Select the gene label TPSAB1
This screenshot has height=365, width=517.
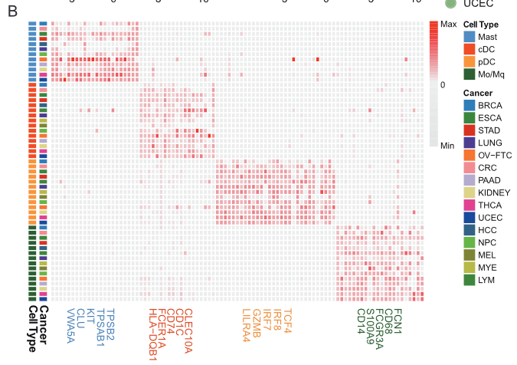click(x=100, y=327)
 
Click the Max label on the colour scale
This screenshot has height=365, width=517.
click(x=450, y=25)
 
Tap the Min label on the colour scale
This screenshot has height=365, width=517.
click(x=449, y=144)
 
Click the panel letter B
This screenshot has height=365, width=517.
click(x=12, y=12)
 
